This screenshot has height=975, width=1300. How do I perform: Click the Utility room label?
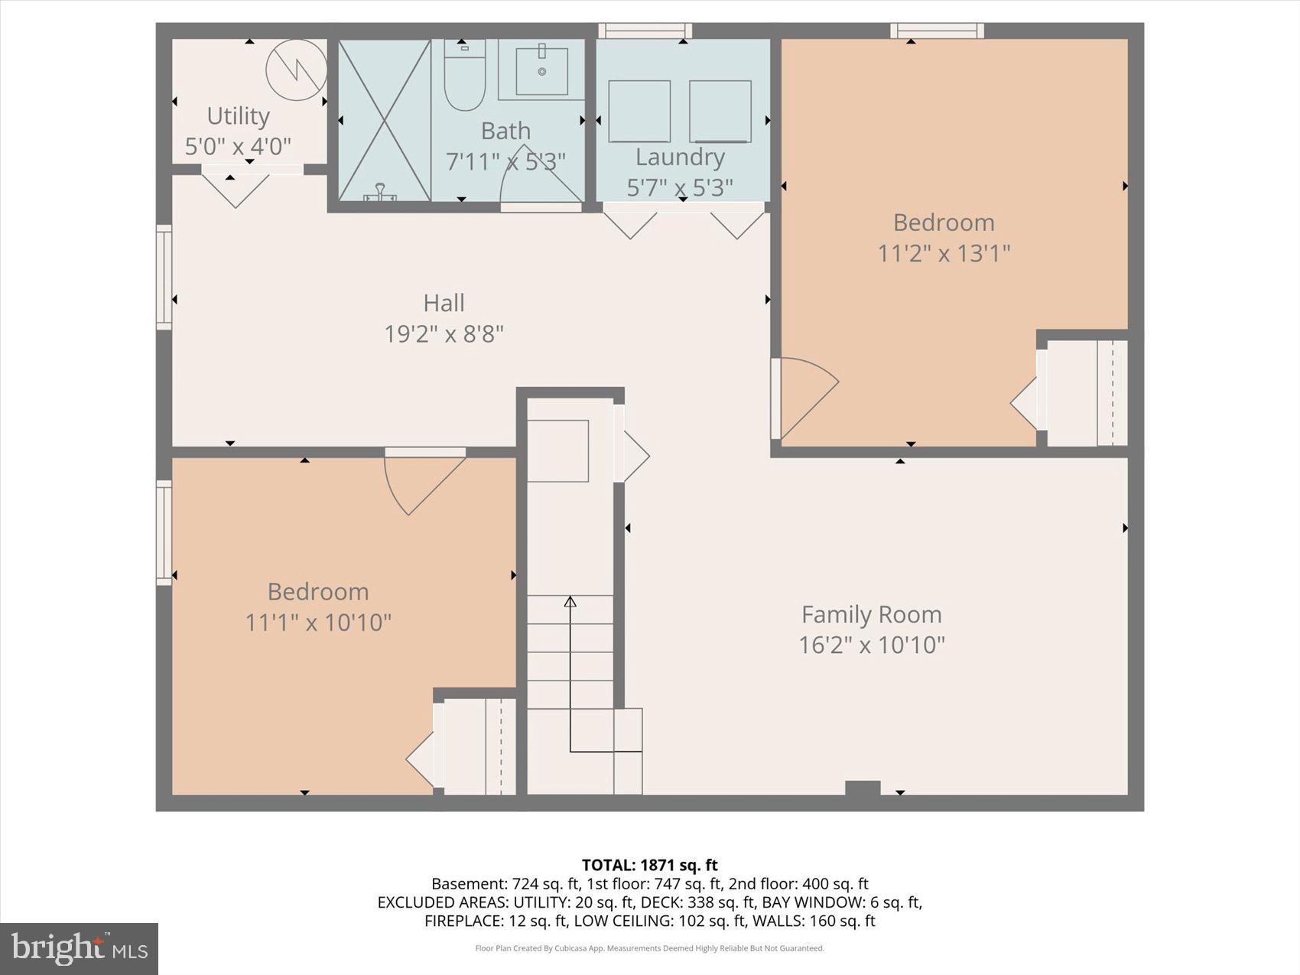[x=238, y=116]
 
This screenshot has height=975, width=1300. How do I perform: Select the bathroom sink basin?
[x=541, y=71]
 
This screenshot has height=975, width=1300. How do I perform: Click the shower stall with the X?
[x=385, y=120]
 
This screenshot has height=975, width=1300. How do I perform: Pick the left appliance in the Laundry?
[x=639, y=112]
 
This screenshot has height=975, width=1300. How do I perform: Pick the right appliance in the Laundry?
[x=720, y=112]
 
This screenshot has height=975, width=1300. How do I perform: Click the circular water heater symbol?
[x=297, y=70]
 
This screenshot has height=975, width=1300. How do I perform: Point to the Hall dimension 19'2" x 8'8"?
[x=444, y=334]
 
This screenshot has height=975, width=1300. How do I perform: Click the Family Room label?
[x=871, y=614]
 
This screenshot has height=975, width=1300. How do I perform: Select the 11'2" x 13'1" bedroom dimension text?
[x=944, y=253]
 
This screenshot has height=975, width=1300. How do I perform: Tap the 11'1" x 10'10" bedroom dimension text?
[x=318, y=622]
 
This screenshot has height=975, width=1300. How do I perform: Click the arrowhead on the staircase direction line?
[x=570, y=602]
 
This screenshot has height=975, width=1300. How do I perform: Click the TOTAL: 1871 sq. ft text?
[x=649, y=865]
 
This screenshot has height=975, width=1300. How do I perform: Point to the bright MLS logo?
[x=79, y=948]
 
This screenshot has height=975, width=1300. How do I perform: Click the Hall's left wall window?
[x=164, y=277]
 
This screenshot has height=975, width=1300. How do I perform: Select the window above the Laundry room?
[x=645, y=31]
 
